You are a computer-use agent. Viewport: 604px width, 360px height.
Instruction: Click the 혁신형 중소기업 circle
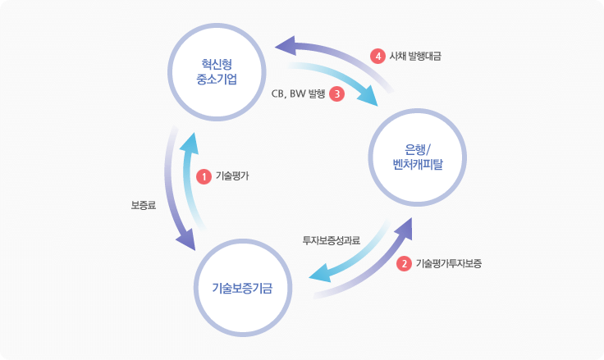click(x=217, y=72)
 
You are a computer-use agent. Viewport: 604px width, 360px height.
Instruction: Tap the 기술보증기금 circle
click(x=243, y=288)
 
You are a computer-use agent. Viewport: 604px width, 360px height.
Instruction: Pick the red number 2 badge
click(x=404, y=264)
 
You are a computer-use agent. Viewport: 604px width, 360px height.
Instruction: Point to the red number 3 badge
click(x=336, y=93)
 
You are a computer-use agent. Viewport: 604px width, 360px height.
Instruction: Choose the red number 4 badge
click(x=377, y=57)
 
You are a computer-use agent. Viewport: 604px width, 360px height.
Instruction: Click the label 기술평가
click(x=232, y=175)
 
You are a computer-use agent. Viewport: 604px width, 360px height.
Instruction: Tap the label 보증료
click(x=144, y=205)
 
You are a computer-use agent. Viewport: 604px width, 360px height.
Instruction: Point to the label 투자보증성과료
click(x=331, y=240)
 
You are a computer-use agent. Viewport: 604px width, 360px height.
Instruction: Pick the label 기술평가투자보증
click(x=449, y=264)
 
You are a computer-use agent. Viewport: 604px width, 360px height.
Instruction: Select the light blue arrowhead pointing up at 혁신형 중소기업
click(x=189, y=143)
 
